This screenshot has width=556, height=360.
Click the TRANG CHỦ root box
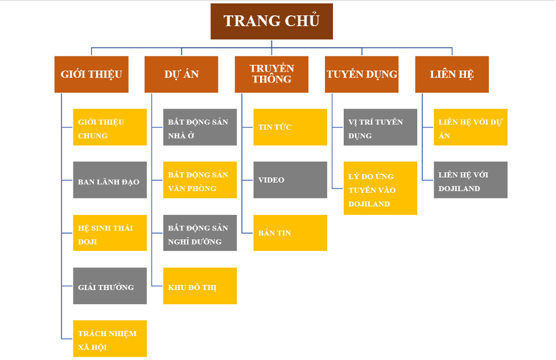(x=271, y=22)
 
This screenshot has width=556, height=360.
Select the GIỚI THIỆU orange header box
(x=91, y=74)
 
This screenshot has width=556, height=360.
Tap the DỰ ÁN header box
(x=181, y=74)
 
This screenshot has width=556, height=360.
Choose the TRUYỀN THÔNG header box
(x=271, y=74)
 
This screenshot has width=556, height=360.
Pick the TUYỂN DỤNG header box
(x=362, y=74)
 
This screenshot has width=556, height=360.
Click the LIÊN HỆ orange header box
(x=452, y=74)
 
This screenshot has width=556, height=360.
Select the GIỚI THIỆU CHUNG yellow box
(x=110, y=127)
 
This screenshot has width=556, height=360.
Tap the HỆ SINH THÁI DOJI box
(x=110, y=233)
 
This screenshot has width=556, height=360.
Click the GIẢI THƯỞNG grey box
(x=110, y=286)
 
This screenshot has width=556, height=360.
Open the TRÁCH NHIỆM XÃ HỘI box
(x=110, y=339)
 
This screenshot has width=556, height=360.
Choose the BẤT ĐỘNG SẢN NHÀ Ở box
(x=200, y=127)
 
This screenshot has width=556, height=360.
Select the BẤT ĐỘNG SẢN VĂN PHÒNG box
(x=200, y=180)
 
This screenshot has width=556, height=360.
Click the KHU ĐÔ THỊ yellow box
(x=200, y=286)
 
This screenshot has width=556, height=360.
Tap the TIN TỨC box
(x=290, y=127)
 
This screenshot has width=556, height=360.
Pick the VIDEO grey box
(x=290, y=180)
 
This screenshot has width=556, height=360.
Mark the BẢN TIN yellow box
(x=290, y=233)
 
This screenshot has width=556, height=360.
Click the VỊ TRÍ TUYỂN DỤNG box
(x=380, y=127)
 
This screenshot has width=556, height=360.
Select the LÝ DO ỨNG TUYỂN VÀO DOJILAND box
(x=380, y=189)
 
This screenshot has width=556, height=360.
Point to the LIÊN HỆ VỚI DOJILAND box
(x=471, y=180)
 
